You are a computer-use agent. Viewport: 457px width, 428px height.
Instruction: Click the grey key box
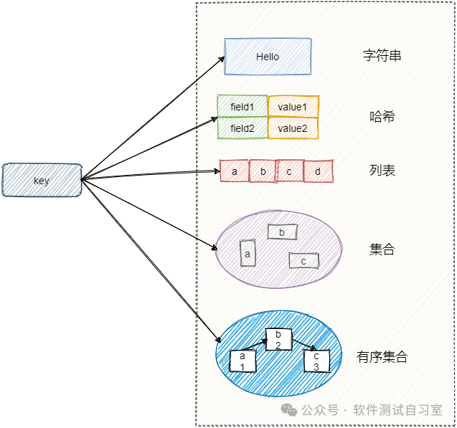[42, 180]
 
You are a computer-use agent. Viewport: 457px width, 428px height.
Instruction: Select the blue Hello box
[268, 57]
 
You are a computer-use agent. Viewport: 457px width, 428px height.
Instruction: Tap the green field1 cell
[242, 107]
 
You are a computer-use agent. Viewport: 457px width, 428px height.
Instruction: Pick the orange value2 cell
[293, 128]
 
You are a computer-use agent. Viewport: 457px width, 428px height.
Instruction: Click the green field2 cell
[242, 128]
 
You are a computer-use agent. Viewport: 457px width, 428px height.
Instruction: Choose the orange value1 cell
[293, 107]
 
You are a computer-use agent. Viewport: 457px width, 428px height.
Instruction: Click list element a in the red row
[235, 171]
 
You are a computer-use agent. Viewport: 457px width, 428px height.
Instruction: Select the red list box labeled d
[318, 171]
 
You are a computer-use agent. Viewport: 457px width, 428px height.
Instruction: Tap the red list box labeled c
[290, 171]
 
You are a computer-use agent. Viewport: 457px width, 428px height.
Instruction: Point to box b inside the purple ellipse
[282, 232]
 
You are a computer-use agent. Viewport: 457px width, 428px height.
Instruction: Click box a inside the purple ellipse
[248, 253]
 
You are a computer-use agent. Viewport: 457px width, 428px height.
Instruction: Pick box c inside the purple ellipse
[303, 261]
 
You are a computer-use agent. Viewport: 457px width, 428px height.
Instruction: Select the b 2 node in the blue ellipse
[278, 340]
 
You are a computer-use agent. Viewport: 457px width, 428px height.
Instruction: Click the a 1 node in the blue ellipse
[242, 361]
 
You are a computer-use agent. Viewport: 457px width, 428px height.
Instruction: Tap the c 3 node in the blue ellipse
[316, 361]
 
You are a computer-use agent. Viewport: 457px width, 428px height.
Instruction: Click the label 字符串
[382, 56]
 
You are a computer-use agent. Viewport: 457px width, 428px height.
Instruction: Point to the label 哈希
[382, 117]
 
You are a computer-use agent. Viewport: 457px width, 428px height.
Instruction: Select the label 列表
[382, 171]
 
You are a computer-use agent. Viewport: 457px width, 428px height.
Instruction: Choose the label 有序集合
[382, 356]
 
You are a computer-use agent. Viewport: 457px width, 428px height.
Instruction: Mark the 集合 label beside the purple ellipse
[382, 249]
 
